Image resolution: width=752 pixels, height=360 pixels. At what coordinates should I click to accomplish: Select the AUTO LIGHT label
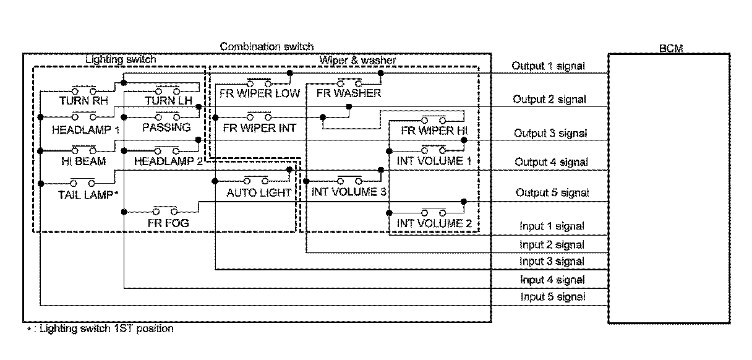(258, 192)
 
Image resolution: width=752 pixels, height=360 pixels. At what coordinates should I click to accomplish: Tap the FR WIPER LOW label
(260, 94)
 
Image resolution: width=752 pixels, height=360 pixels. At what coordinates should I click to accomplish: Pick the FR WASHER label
(349, 94)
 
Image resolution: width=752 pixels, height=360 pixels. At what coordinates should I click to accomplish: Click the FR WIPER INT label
(260, 128)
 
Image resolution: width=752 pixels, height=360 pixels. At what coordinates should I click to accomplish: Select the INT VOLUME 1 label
(430, 161)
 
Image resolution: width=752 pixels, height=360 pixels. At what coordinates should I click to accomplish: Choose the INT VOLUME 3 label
(349, 192)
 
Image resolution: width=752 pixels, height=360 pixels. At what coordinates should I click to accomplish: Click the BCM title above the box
(670, 49)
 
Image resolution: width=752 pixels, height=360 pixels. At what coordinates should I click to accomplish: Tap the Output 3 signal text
(550, 133)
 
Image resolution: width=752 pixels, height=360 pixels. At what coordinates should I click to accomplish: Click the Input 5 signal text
(552, 297)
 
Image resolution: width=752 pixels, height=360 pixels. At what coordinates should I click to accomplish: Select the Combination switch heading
(267, 46)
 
